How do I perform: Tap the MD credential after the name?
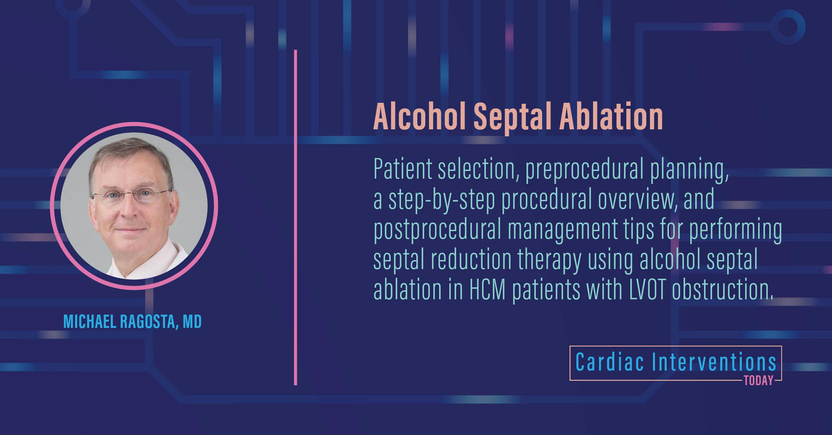point(192,322)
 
